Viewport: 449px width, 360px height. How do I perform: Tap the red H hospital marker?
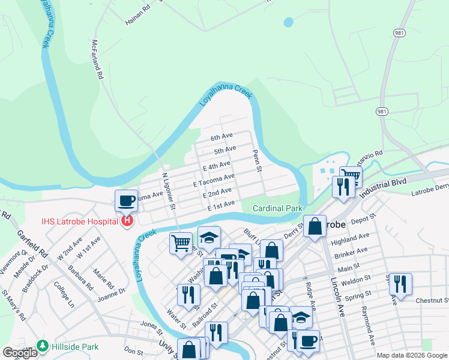[127, 221]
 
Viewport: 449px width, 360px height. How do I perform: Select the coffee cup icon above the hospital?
[127, 200]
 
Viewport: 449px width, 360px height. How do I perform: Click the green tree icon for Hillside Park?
[42, 346]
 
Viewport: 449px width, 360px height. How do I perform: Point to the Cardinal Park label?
[277, 208]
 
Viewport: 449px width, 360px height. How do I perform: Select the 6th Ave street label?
[221, 137]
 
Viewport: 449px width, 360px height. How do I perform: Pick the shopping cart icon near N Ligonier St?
[181, 244]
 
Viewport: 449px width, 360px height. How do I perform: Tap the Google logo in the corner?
[20, 353]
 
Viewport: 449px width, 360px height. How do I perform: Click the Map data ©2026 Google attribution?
[412, 355]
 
